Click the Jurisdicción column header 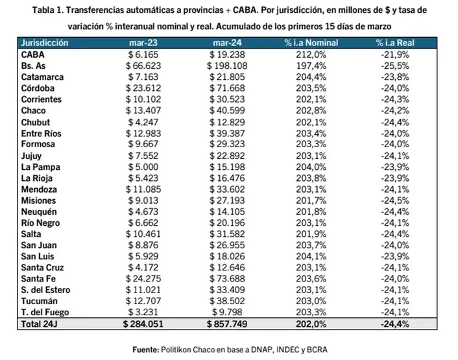point(44,43)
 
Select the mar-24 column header point(227,43)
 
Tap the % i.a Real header point(395,43)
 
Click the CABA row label point(32,54)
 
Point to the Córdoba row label point(38,88)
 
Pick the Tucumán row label point(39,301)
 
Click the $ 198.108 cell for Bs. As point(227,66)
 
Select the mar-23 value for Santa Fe point(143,278)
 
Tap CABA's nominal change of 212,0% point(311,54)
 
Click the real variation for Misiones point(395,200)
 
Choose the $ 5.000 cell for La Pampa point(143,167)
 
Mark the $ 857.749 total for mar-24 point(227,324)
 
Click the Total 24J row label point(39,324)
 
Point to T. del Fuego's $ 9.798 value point(227,312)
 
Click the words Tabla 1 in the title point(47,10)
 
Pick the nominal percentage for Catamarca point(311,77)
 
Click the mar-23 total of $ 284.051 point(143,324)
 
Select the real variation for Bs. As point(395,66)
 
